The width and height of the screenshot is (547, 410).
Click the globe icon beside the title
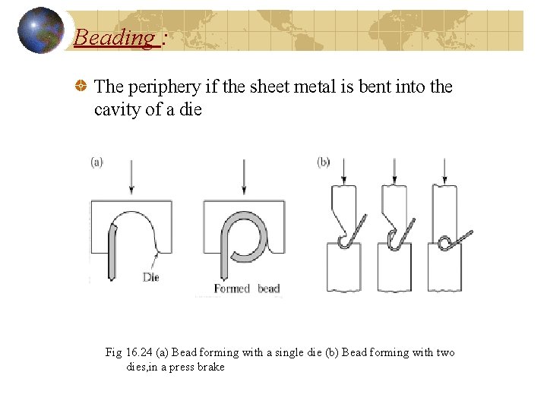[40, 30]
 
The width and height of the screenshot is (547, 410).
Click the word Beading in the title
[114, 36]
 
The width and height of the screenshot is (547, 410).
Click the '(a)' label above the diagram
[96, 162]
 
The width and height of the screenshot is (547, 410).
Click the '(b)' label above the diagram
[323, 162]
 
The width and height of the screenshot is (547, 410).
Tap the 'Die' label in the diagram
[151, 277]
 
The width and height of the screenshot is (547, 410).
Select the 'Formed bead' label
[247, 289]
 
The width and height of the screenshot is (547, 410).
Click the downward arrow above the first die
[131, 178]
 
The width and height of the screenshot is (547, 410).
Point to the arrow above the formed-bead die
[242, 178]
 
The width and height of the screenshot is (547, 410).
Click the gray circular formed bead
[244, 236]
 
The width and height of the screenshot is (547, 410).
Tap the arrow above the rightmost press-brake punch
[444, 172]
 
